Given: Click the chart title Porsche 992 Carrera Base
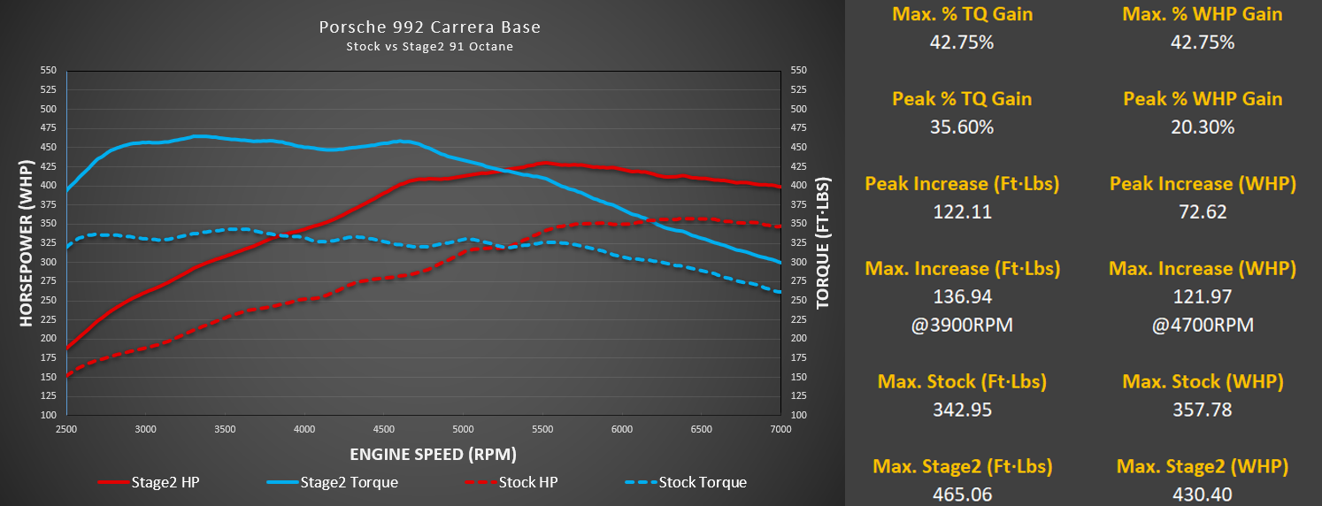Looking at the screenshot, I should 429,27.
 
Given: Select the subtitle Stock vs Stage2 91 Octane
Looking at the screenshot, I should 429,47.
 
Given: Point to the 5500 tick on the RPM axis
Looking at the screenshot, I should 542,429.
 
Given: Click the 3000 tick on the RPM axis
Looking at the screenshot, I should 145,429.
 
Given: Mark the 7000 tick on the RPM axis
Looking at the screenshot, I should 780,429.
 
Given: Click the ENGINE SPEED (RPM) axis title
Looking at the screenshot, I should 432,454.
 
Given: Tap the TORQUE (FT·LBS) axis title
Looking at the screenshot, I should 823,242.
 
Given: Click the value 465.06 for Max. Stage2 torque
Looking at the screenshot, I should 962,494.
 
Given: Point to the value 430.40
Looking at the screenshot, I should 1203,494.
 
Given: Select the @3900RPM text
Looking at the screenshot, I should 962,325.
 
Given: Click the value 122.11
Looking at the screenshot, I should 962,211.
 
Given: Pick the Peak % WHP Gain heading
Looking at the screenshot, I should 1203,98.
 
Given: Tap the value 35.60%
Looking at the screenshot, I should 962,126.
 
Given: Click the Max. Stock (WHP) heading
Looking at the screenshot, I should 1203,381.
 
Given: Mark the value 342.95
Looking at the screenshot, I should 962,410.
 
